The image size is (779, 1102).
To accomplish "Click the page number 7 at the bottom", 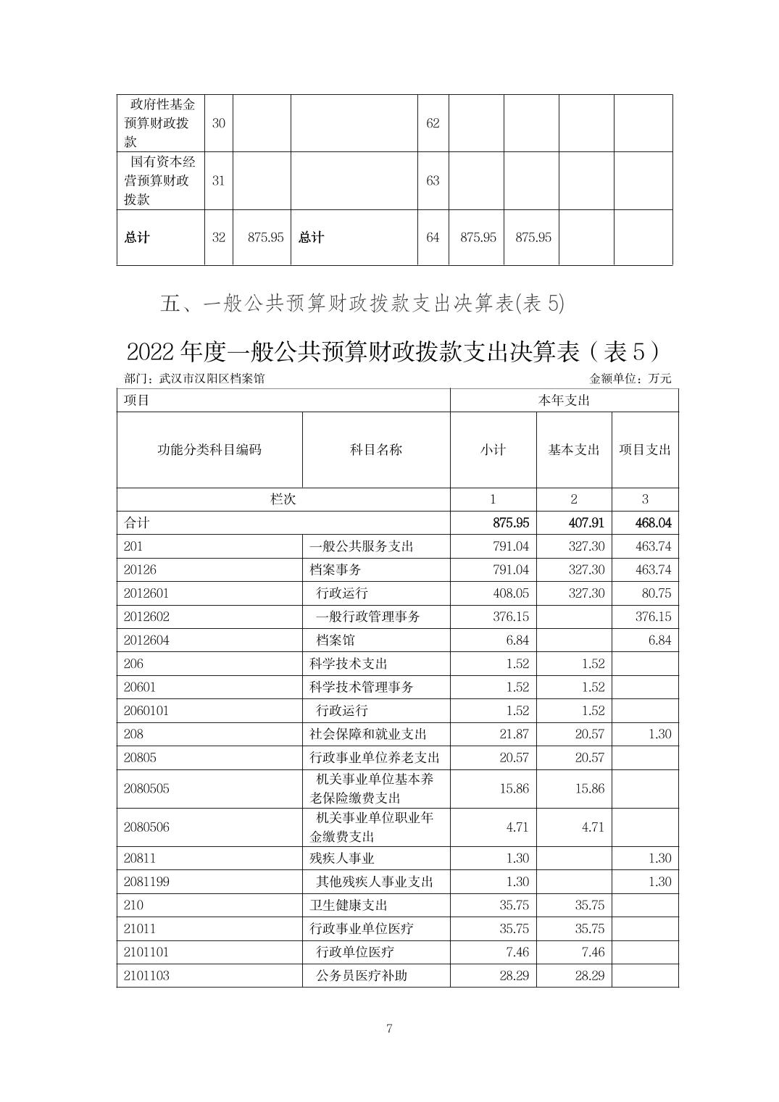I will [389, 1028].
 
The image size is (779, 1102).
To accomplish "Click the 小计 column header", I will [493, 450].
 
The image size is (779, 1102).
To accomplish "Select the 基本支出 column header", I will [574, 450].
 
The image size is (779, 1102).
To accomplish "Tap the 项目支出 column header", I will [645, 450].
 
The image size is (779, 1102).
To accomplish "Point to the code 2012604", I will [146, 640].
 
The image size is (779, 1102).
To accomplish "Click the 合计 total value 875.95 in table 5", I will [510, 522].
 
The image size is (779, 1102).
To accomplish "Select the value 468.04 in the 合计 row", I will [653, 522].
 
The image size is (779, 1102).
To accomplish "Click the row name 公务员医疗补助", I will [362, 975].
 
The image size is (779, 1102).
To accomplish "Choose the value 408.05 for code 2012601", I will [510, 593].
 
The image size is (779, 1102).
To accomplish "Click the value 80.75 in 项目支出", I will [656, 593].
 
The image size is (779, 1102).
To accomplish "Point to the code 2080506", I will [146, 827].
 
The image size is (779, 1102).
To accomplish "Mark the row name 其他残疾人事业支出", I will [375, 882].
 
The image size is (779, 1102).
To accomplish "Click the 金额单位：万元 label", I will [630, 379].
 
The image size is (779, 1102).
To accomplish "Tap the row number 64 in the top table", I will [433, 238].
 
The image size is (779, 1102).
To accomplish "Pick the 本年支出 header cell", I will [564, 401].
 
